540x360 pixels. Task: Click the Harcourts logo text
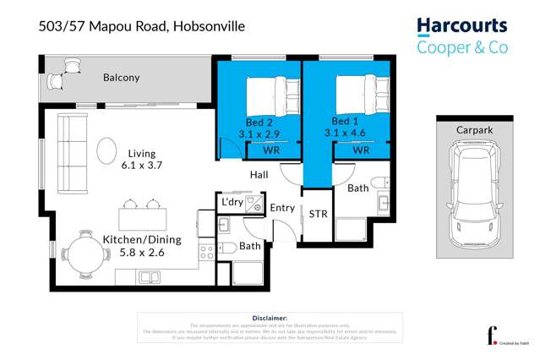point(461,26)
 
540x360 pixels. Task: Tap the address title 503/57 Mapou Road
point(141,26)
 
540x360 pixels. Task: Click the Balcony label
point(121,78)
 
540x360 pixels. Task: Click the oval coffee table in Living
point(107,152)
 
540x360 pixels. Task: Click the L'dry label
point(232,203)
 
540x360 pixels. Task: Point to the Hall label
point(259,175)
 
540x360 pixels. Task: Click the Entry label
point(281,208)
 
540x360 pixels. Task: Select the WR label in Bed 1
point(361,150)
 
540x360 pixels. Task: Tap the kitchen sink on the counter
point(150,276)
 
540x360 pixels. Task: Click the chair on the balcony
point(57,80)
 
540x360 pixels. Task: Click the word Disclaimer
point(270,317)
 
